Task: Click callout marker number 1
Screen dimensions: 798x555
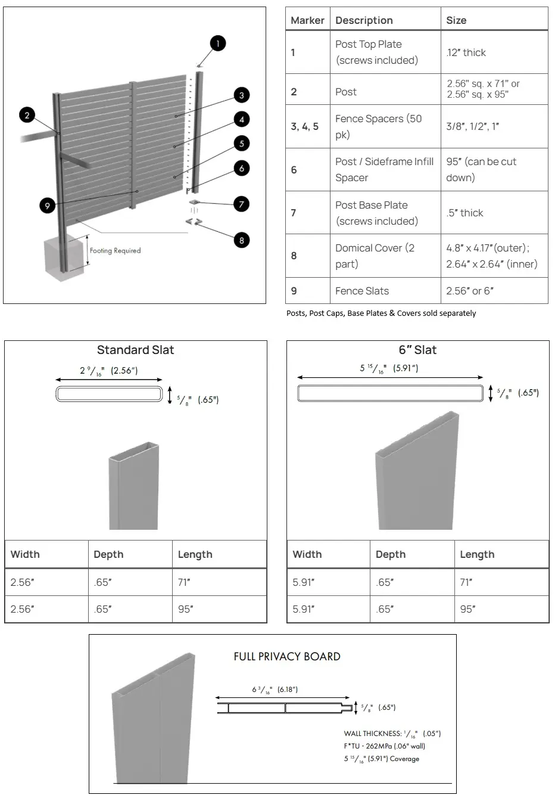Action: [x=218, y=44]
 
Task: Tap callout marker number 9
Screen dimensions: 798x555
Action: [x=48, y=206]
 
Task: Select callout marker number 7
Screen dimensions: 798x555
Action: [x=241, y=204]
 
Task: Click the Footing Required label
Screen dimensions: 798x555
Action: [x=115, y=250]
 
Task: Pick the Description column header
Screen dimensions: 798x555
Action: [x=364, y=20]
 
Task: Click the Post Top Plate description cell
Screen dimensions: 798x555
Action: [x=376, y=52]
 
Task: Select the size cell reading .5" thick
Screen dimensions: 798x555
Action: [x=464, y=213]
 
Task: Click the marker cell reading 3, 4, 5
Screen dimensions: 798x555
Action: [x=305, y=126]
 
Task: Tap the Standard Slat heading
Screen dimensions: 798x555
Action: [x=136, y=350]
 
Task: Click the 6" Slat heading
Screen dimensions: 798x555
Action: [x=417, y=350]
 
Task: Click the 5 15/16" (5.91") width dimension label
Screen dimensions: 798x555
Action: [x=389, y=368]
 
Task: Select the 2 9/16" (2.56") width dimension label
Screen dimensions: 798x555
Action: [x=109, y=371]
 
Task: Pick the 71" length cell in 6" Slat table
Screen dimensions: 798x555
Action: [x=466, y=582]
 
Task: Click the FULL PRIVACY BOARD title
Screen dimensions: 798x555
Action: [x=287, y=657]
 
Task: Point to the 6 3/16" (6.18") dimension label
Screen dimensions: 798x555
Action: [x=275, y=690]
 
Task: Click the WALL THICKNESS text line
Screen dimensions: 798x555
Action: [x=392, y=734]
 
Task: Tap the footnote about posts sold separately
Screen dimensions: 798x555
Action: [x=381, y=313]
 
